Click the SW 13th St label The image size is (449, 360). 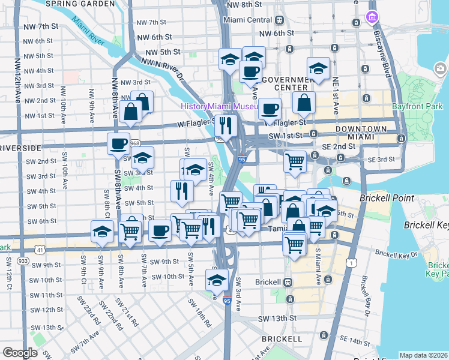pos(278,318)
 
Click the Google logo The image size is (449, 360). pos(20,353)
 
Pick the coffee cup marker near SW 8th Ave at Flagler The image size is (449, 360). pos(119,144)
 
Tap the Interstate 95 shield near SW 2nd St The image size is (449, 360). pos(241,158)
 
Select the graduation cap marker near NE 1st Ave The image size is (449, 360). pos(318,69)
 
